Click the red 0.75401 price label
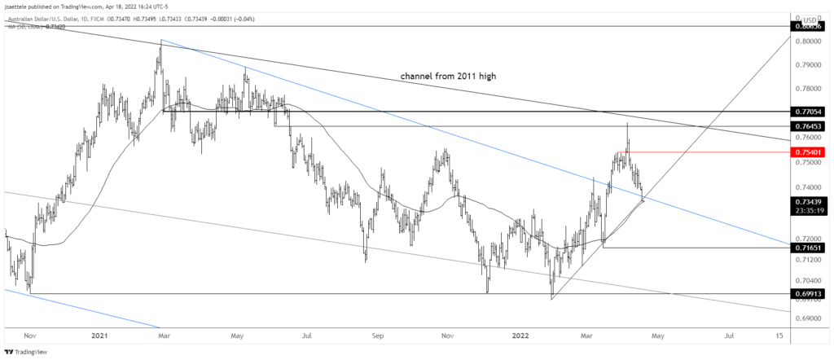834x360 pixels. (808, 151)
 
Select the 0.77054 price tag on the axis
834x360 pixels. (808, 112)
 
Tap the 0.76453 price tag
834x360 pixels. (808, 126)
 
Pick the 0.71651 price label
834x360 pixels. (808, 246)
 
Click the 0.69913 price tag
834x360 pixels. (808, 292)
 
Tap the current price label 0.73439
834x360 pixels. (808, 200)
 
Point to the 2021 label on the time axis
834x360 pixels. (101, 334)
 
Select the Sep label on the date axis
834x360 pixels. (377, 334)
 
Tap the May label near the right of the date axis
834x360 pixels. (659, 334)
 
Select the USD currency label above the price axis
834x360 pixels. (810, 18)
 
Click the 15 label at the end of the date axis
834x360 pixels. (779, 334)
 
